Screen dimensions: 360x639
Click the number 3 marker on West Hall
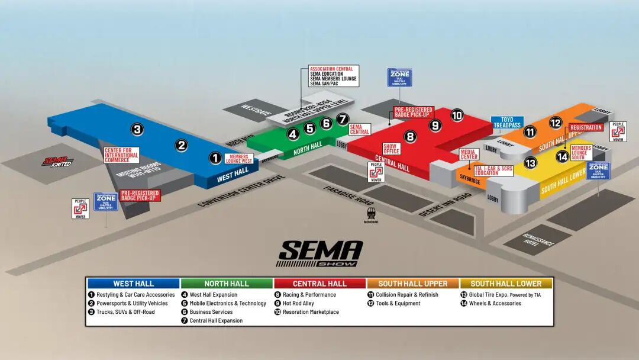coord(137,129)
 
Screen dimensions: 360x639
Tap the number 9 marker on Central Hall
coord(435,125)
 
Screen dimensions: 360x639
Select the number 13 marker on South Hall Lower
coord(530,163)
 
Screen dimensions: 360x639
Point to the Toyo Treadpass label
coord(506,123)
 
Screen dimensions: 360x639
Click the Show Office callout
coord(392,148)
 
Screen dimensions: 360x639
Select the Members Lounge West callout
coord(240,159)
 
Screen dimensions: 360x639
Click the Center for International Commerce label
coord(121,155)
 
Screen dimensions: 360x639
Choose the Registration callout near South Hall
coord(586,127)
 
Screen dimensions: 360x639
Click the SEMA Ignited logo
coord(58,160)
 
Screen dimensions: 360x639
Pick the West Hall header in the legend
coord(133,284)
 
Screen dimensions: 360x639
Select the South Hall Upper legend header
coord(412,284)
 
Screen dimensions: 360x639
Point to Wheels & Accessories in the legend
coord(495,303)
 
